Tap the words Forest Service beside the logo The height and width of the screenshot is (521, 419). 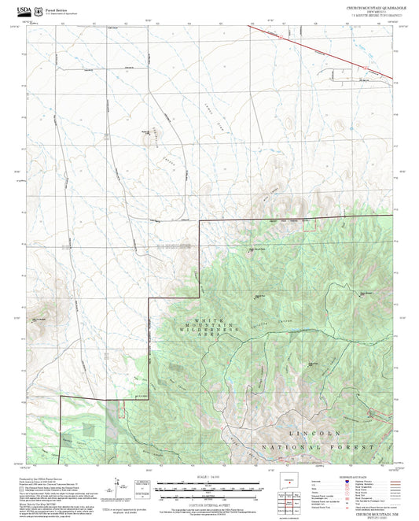tap(55, 6)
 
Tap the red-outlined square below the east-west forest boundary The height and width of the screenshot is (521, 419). tap(121, 408)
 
